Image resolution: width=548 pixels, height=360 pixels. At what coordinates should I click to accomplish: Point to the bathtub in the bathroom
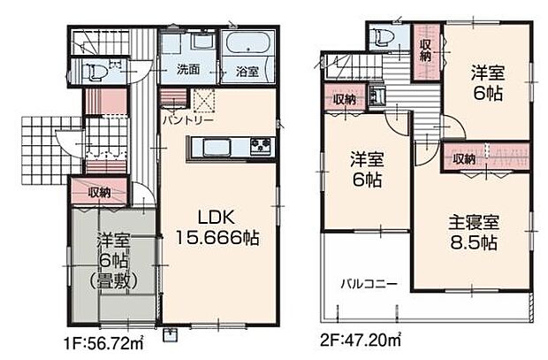[x=247, y=43]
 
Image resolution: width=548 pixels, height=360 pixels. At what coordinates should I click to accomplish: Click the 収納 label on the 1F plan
[x=100, y=192]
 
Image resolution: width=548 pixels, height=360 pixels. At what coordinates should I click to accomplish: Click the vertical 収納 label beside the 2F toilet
[x=425, y=49]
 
